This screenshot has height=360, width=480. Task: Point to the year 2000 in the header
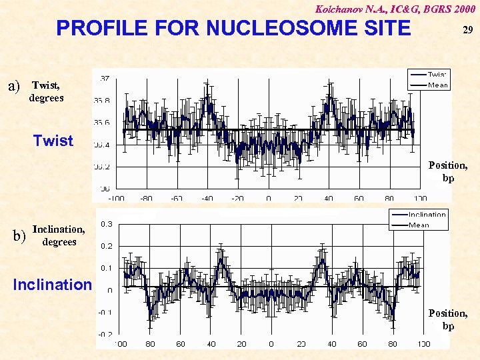(463, 9)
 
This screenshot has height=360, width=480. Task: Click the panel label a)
(14, 86)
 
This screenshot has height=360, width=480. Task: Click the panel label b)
(19, 235)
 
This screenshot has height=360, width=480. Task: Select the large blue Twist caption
(53, 141)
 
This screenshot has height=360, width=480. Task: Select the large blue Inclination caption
(52, 285)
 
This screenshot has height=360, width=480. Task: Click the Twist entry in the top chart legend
(437, 75)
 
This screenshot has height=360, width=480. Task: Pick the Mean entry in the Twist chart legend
(437, 85)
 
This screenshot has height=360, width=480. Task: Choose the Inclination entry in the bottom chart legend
(427, 215)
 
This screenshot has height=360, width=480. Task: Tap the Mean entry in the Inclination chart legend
(419, 225)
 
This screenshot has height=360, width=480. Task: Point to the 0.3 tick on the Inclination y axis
(105, 224)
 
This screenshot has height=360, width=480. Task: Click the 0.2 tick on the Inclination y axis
(105, 246)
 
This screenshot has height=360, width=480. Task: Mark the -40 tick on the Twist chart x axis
(208, 198)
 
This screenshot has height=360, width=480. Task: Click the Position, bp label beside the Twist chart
(448, 171)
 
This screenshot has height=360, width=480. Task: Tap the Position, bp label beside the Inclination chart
(448, 319)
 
